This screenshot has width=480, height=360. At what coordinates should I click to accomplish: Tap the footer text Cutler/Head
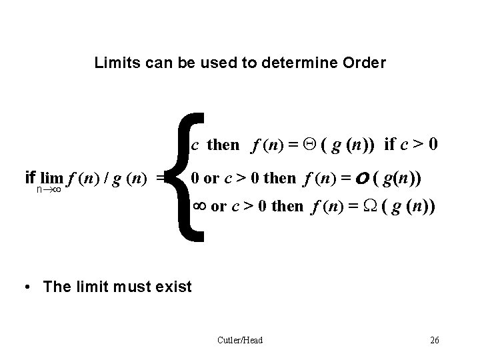tap(240, 341)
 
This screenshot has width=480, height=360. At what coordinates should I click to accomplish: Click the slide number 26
tap(435, 341)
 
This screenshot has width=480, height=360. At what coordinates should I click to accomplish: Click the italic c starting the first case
tap(195, 145)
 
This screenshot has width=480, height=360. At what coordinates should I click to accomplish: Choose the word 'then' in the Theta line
tap(223, 145)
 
